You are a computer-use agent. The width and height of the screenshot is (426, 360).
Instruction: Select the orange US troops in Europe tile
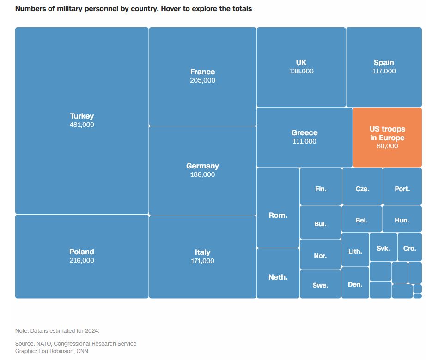(387, 138)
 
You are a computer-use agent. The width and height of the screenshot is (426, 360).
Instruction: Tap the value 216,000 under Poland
(82, 261)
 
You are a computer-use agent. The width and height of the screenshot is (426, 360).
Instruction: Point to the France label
(202, 72)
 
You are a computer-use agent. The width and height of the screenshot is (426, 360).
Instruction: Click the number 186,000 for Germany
(202, 175)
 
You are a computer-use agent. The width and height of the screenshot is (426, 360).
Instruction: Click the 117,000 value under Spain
(384, 72)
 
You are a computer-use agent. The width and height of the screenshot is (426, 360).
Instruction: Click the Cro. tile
(409, 248)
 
